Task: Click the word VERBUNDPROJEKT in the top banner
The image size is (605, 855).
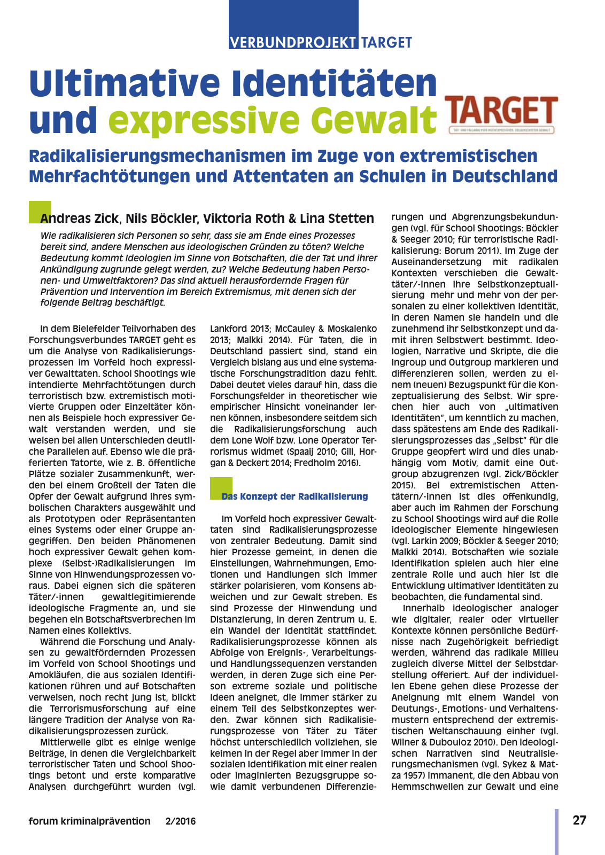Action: click(x=293, y=42)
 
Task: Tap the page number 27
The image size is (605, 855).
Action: click(x=579, y=820)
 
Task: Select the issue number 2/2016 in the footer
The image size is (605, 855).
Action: click(x=181, y=821)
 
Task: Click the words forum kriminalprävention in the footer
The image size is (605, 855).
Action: click(x=90, y=821)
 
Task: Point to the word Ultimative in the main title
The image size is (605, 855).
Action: click(x=126, y=83)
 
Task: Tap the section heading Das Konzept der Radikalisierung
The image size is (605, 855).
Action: click(x=295, y=496)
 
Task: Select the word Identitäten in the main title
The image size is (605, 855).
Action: click(x=335, y=83)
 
